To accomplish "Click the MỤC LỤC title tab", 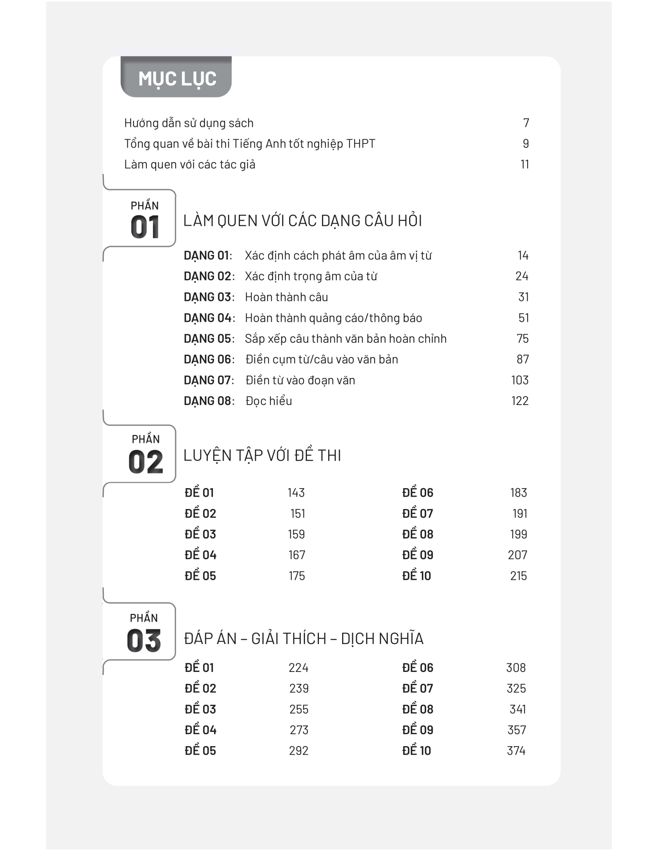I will click(176, 78).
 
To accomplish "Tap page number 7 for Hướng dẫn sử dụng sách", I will click(526, 123).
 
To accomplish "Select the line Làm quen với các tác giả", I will click(189, 165).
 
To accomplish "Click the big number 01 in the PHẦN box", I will click(145, 227).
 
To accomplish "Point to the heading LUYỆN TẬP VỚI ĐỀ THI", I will click(262, 456).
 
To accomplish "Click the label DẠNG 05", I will click(209, 338).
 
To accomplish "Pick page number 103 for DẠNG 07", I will click(519, 380).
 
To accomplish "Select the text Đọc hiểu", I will click(269, 401).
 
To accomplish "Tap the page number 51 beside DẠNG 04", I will click(523, 318).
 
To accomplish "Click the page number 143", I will click(296, 493).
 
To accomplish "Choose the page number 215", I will click(518, 576).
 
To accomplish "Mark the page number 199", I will click(518, 534).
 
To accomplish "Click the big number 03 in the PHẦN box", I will click(144, 641).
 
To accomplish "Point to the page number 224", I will click(298, 668).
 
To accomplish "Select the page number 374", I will click(516, 751).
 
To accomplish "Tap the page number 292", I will click(298, 751).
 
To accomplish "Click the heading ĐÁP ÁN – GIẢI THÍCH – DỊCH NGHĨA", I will click(303, 639).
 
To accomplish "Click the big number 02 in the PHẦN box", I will click(146, 462).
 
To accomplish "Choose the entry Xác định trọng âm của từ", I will click(311, 276).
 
